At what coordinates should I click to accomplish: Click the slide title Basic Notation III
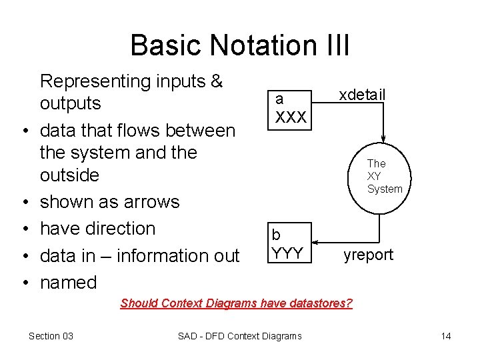point(239,45)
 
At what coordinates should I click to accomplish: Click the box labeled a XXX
point(288,109)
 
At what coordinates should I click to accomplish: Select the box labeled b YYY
point(289,244)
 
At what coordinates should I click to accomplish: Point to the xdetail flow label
point(362,95)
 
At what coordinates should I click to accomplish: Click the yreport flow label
point(368,255)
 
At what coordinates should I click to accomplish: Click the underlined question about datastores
point(236,303)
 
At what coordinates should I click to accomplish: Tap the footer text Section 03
point(51,336)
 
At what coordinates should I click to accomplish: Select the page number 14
point(445,336)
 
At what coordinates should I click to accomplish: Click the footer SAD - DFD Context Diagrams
point(239,336)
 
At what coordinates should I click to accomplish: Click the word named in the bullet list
point(68,283)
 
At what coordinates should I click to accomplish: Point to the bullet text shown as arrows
point(109,202)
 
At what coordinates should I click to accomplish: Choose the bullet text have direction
point(97,229)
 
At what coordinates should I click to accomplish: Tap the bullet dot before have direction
point(23,229)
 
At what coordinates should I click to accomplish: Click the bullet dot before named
point(23,283)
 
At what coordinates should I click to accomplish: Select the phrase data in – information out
point(139,256)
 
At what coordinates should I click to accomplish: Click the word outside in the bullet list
point(69,175)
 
